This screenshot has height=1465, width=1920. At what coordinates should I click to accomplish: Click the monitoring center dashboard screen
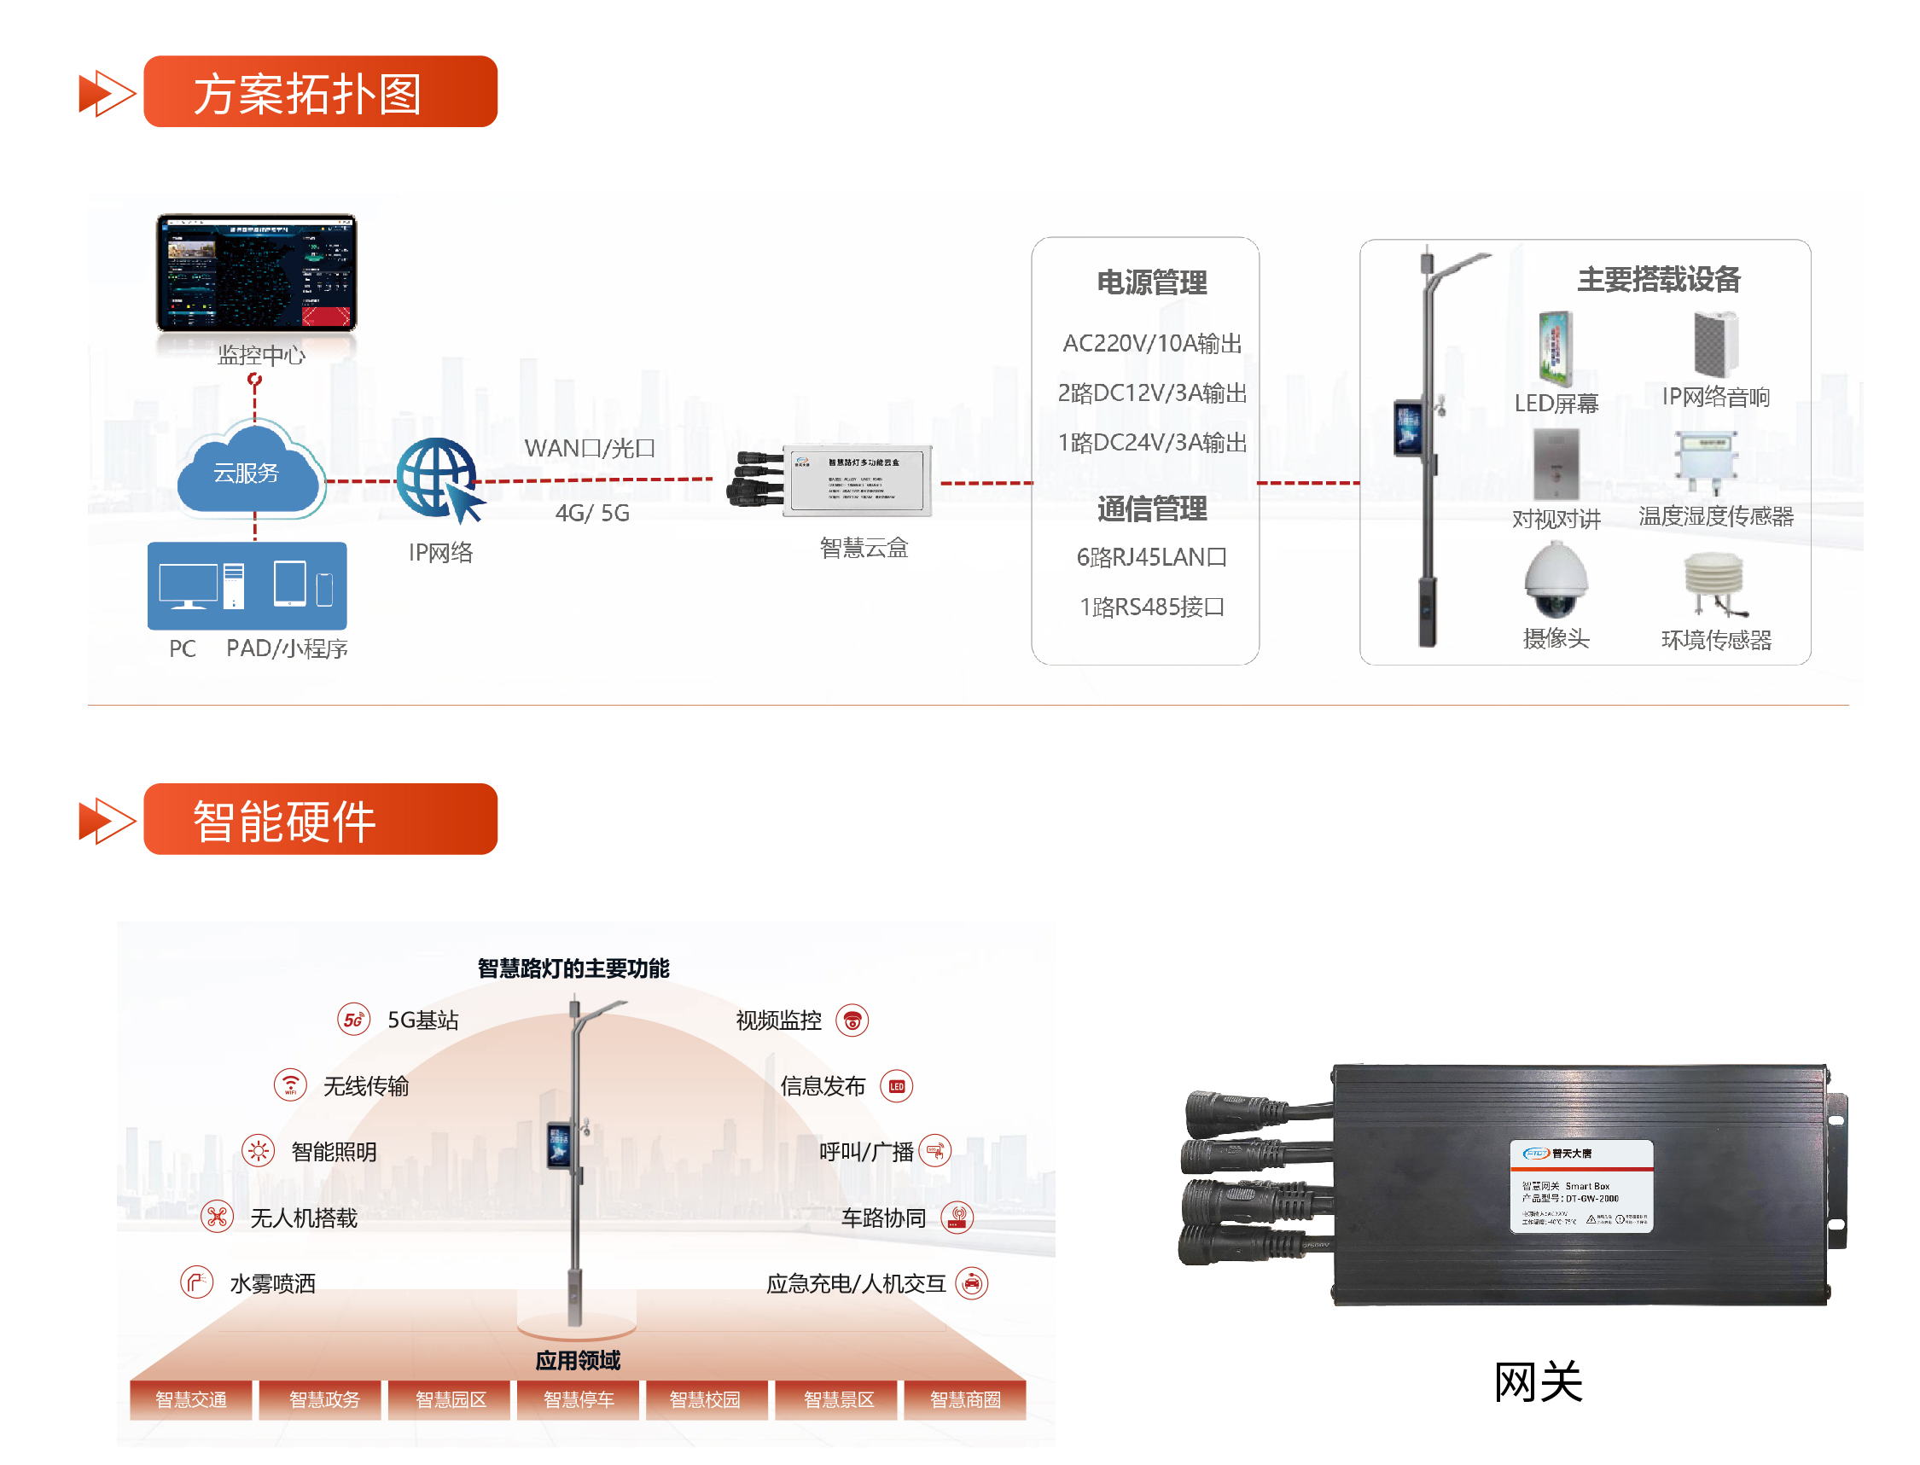tap(255, 272)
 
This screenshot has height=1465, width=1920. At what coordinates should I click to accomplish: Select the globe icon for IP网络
tap(436, 477)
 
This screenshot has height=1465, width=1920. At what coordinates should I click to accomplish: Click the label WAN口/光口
tap(590, 447)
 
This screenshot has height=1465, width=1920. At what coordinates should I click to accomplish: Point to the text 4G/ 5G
tap(592, 513)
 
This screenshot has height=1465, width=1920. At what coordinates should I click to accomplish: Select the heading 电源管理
tap(1151, 282)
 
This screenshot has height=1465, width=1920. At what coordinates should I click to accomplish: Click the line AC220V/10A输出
tap(1151, 343)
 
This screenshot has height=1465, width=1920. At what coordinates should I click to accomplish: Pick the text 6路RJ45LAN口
tap(1151, 556)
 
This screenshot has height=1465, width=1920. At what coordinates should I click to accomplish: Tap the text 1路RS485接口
tap(1151, 606)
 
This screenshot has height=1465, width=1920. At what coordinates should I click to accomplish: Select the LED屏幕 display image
tap(1555, 349)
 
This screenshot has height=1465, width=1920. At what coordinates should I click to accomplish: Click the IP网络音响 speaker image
tap(1714, 345)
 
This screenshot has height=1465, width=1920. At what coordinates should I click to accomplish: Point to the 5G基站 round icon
tap(353, 1020)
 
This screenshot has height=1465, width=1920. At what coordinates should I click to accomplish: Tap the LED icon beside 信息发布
tap(896, 1085)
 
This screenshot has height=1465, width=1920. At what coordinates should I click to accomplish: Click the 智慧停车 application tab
tap(578, 1398)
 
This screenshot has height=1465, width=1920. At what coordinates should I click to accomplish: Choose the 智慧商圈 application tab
tap(964, 1398)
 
